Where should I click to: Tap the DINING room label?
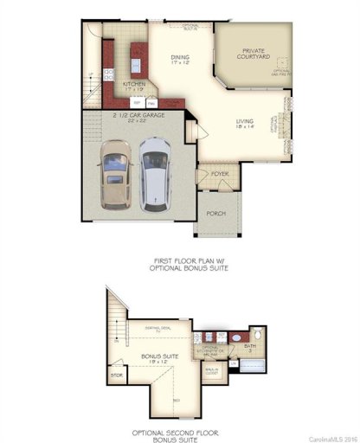pyautogui.click(x=180, y=61)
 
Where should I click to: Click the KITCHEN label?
pyautogui.click(x=133, y=86)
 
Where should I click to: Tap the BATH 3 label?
pyautogui.click(x=250, y=347)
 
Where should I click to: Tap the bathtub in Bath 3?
pyautogui.click(x=251, y=363)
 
